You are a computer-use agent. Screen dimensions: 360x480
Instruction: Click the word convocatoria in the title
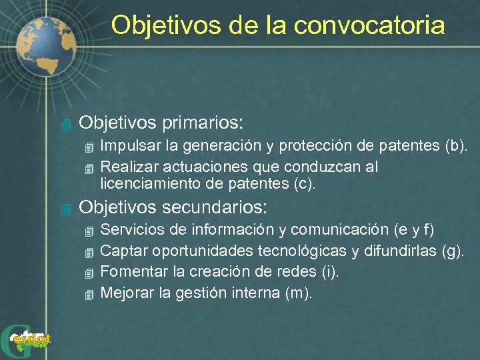(369, 25)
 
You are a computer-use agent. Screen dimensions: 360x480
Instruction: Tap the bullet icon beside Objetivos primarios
(64, 125)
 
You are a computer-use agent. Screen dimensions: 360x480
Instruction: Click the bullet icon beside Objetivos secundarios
(64, 208)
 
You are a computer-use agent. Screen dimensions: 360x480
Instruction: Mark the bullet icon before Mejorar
(91, 294)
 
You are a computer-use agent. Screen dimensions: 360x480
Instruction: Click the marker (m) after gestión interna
(297, 293)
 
